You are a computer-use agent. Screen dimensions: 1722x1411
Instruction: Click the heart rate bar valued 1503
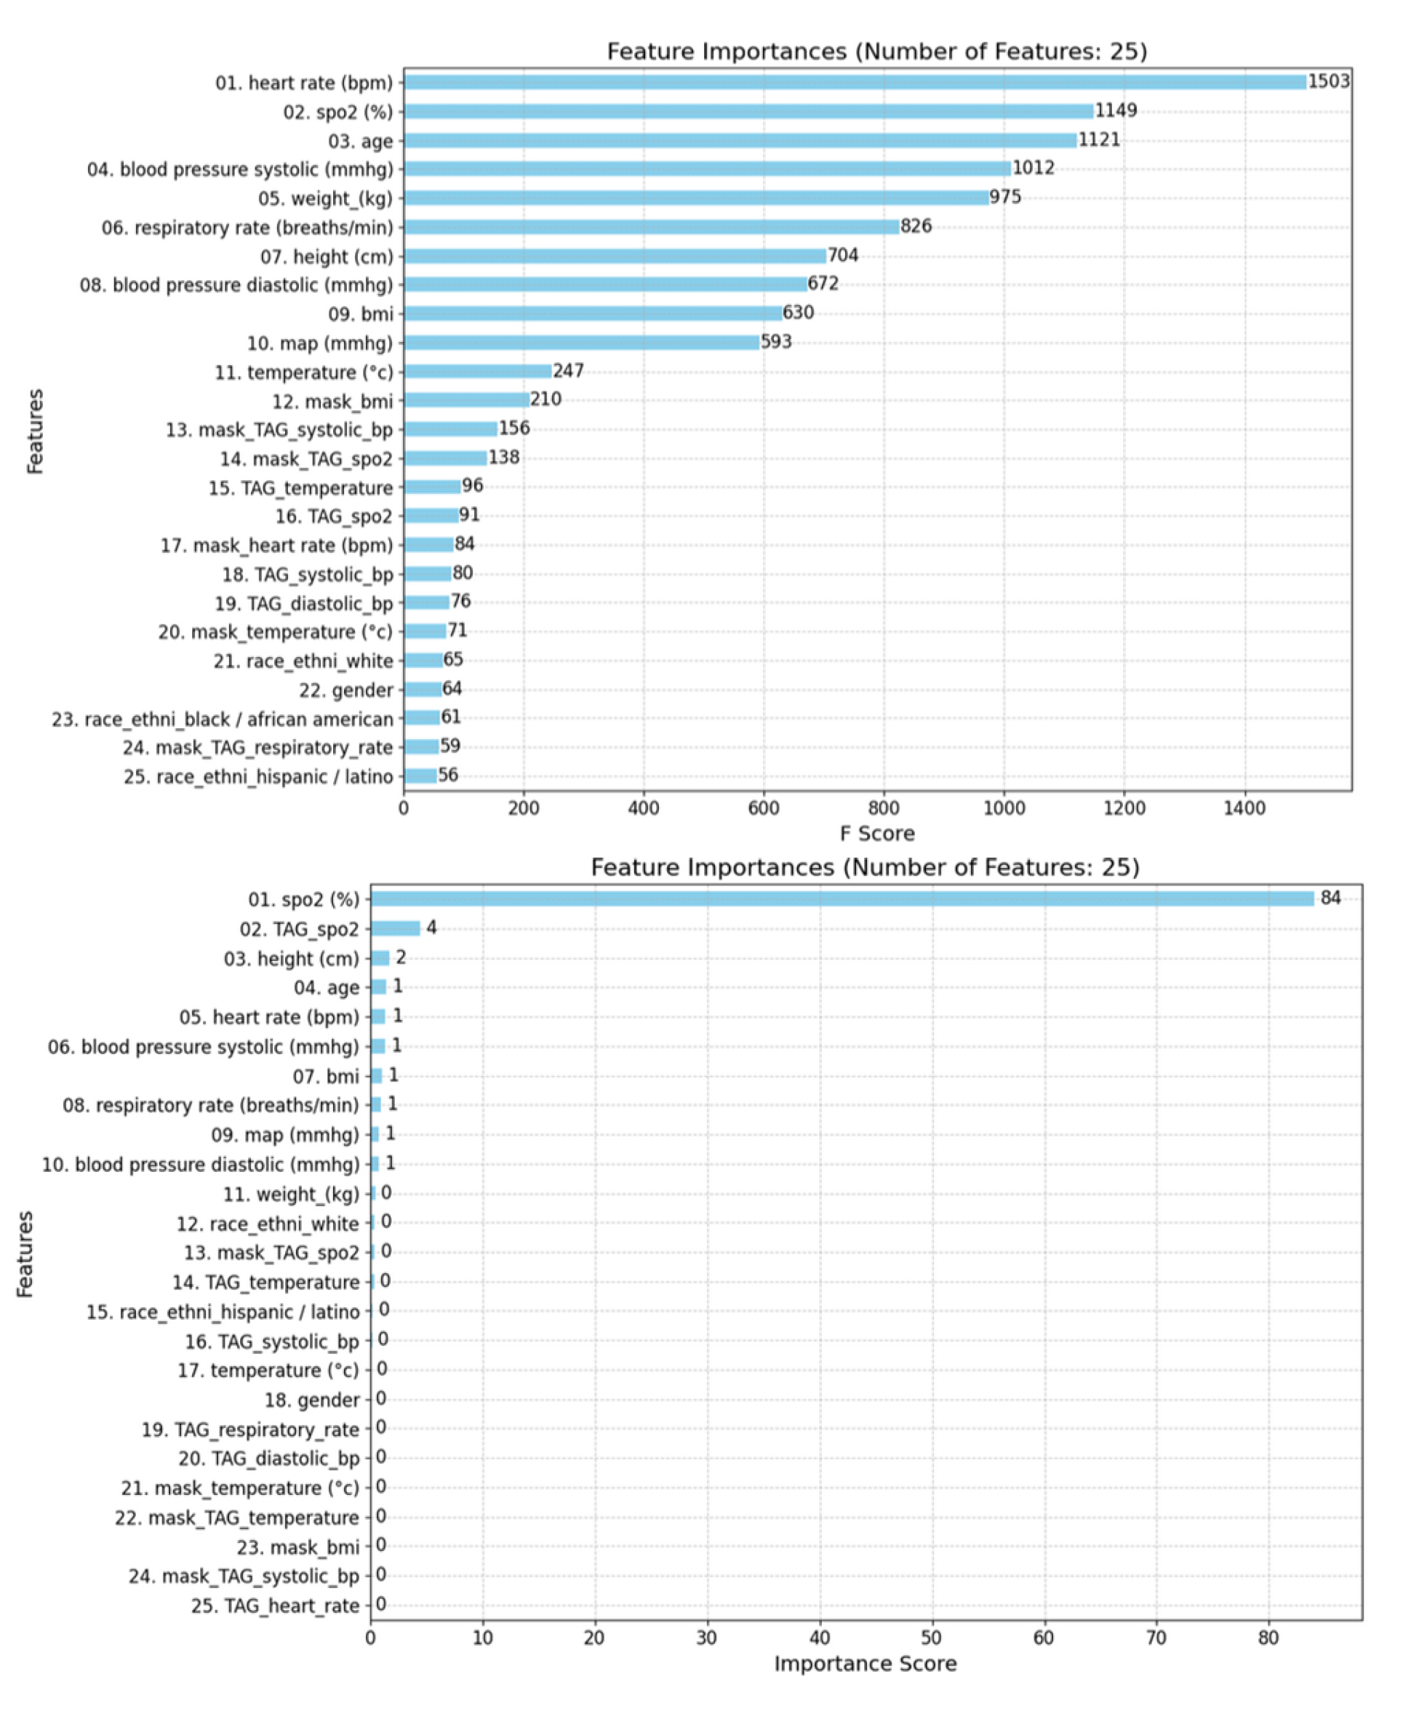tap(853, 82)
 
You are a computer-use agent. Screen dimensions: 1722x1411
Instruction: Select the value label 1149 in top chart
tap(1115, 111)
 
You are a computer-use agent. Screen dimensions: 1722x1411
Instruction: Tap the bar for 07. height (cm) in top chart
tap(615, 256)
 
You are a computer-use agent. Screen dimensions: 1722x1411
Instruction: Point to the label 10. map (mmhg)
tap(319, 344)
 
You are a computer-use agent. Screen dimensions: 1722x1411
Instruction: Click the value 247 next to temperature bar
tap(568, 371)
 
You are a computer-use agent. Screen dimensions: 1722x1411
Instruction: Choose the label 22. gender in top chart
tap(345, 690)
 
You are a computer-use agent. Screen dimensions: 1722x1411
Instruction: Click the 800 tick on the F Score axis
tap(884, 808)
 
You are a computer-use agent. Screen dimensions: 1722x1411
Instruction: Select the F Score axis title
tap(877, 834)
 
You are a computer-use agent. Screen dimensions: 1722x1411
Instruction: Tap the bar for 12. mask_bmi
tap(465, 400)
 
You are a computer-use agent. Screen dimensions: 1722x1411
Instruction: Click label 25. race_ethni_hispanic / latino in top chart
tap(258, 777)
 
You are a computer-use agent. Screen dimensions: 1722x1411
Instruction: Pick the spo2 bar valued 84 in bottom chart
tap(842, 898)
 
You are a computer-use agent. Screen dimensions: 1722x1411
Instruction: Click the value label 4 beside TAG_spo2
tap(431, 928)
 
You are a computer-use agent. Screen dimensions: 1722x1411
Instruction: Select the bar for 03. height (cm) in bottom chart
tap(380, 957)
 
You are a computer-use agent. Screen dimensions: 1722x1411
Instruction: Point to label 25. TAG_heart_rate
tap(275, 1606)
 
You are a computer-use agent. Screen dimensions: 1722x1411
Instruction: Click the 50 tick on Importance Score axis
tap(932, 1638)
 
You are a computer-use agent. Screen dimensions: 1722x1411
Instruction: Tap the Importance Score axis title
tap(865, 1664)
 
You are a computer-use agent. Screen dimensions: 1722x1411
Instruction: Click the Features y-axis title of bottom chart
tap(25, 1253)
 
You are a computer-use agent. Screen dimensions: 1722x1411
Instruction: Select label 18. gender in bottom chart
tap(311, 1400)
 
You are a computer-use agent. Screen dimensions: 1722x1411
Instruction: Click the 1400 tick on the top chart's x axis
tap(1244, 808)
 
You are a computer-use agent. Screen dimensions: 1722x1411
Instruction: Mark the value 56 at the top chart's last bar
tap(448, 775)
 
